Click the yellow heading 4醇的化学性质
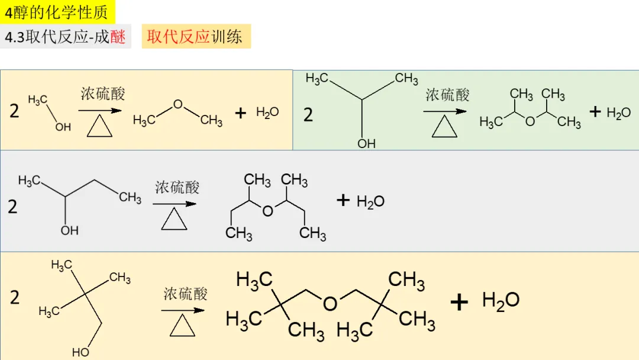pyautogui.click(x=57, y=12)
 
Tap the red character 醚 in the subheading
pyautogui.click(x=118, y=37)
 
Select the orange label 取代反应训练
pyautogui.click(x=195, y=37)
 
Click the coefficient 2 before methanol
pyautogui.click(x=14, y=111)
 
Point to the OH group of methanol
pyautogui.click(x=63, y=127)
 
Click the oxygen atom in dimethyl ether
pyautogui.click(x=177, y=104)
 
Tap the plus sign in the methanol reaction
pyautogui.click(x=240, y=112)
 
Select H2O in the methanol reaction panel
pyautogui.click(x=267, y=112)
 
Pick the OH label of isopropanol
pyautogui.click(x=366, y=143)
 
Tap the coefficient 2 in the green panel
pyautogui.click(x=308, y=114)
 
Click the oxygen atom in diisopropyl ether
pyautogui.click(x=530, y=121)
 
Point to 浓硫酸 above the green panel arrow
pyautogui.click(x=447, y=95)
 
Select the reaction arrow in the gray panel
pyautogui.click(x=175, y=204)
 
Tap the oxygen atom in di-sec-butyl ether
pyautogui.click(x=268, y=211)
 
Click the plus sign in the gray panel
pyautogui.click(x=343, y=200)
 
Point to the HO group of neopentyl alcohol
pyautogui.click(x=81, y=352)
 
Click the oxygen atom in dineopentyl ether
pyautogui.click(x=330, y=303)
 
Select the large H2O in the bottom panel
pyautogui.click(x=501, y=300)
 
